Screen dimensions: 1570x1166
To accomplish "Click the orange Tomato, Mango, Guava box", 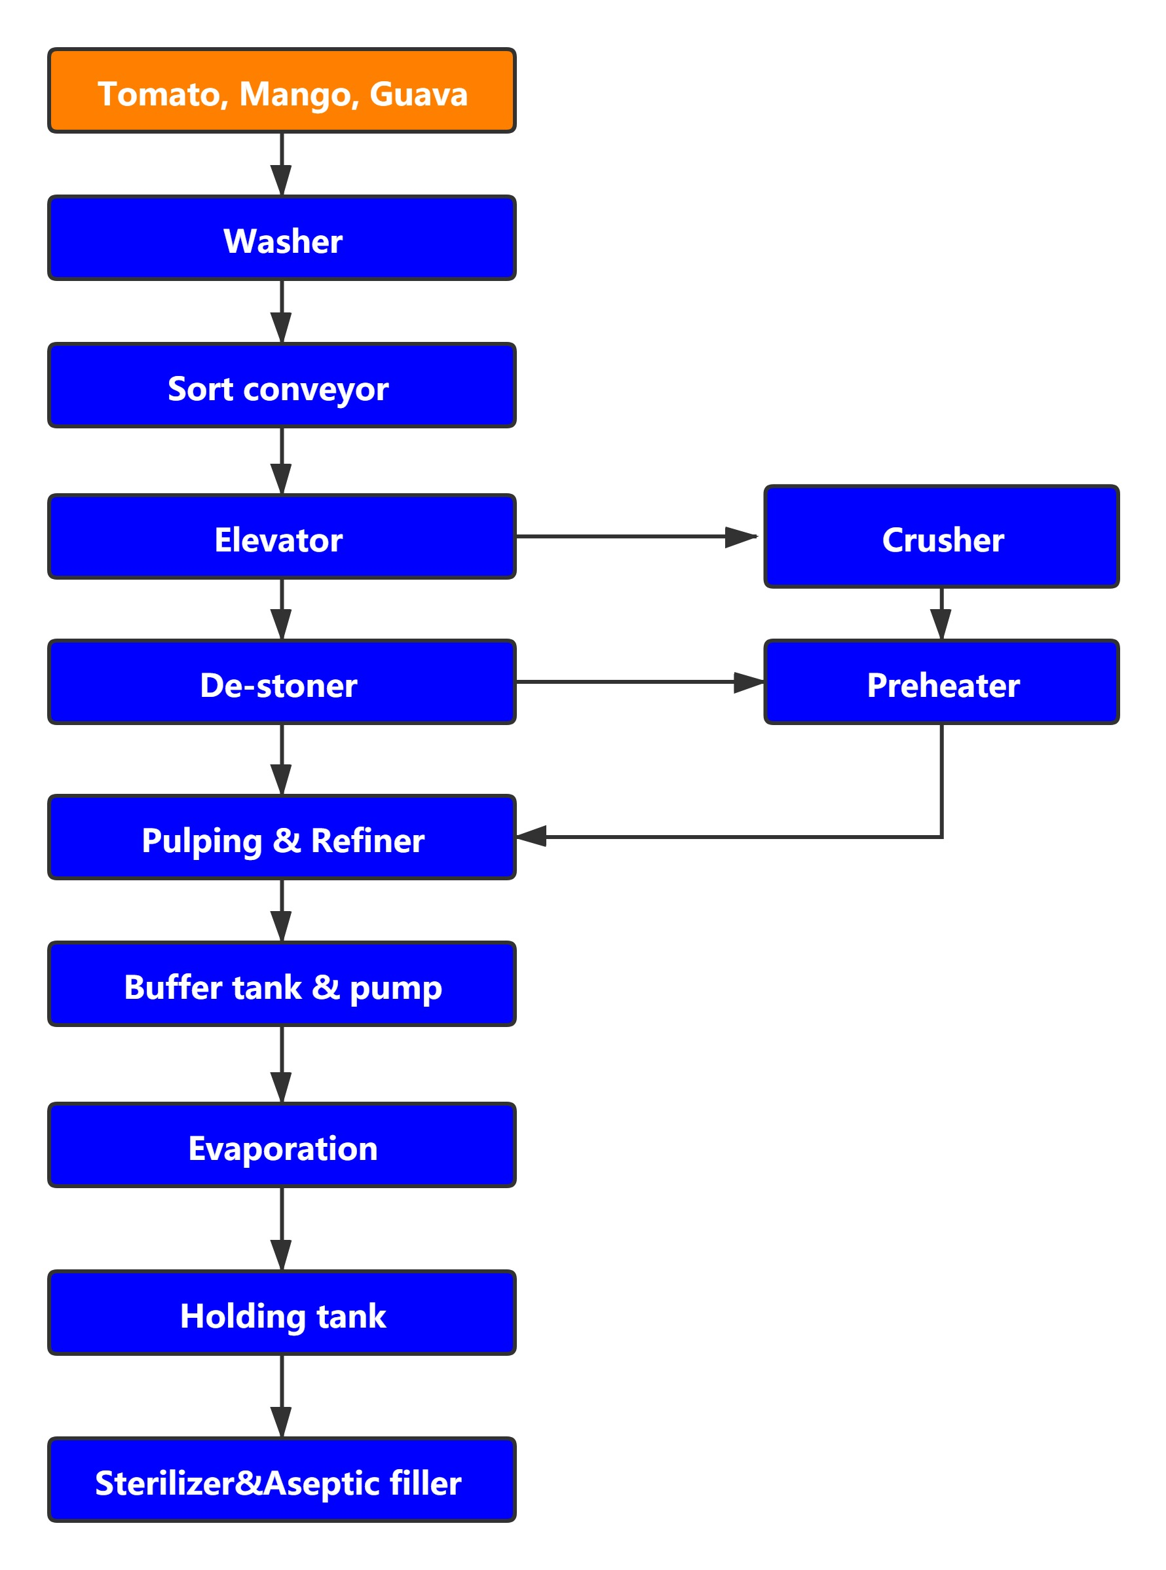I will [282, 90].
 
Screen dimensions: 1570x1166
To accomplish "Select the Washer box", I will [282, 238].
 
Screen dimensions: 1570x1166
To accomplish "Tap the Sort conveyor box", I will [282, 385].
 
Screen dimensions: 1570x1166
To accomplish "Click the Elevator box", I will [282, 536].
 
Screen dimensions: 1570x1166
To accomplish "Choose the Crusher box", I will [941, 536].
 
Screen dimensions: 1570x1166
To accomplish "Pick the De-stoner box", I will [282, 682].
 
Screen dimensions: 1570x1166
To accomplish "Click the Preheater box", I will [941, 682].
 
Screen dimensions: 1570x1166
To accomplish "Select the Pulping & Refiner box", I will [282, 837].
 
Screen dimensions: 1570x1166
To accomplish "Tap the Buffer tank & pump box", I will [282, 984].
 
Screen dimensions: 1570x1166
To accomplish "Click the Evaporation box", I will [282, 1144].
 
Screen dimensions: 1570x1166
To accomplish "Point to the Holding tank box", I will [282, 1313].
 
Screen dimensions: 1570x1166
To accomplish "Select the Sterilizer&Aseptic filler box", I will [282, 1480].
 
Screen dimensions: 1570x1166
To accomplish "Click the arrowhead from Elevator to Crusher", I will [741, 537].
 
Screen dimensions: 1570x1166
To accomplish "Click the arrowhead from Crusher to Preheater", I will [941, 624].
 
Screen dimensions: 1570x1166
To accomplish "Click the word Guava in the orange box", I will [419, 94].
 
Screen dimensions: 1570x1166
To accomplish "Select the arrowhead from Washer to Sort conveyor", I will [282, 327].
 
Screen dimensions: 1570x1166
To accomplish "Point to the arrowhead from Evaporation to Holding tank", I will [282, 1254].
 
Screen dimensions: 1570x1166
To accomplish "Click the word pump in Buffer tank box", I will [396, 988].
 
